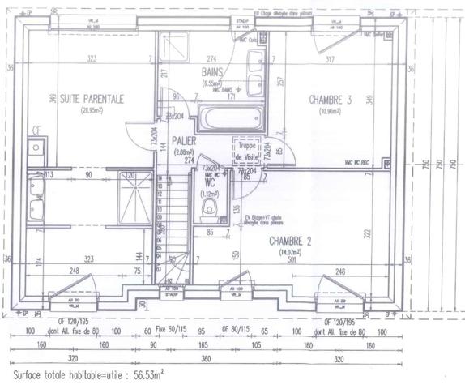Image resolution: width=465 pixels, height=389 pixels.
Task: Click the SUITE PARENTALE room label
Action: click(92, 99)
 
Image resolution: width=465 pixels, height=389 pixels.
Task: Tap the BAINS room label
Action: click(212, 73)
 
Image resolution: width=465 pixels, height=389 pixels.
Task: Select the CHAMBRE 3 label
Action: click(330, 99)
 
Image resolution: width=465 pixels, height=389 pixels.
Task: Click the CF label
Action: click(36, 130)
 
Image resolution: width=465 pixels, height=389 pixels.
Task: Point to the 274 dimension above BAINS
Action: click(212, 60)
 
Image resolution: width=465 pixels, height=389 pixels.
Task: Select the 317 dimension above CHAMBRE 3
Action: click(329, 60)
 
